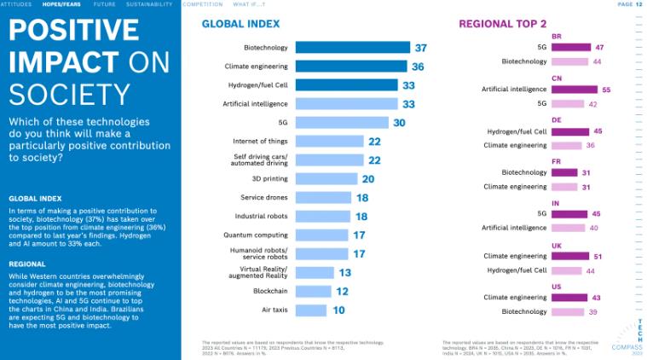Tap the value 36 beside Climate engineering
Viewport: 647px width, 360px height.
click(x=419, y=67)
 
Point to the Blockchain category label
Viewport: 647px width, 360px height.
click(x=270, y=292)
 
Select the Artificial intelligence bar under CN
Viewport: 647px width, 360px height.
click(x=575, y=89)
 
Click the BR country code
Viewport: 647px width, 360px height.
click(x=557, y=37)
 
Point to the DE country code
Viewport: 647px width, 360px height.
click(x=557, y=120)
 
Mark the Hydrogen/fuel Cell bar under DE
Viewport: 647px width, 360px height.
click(x=570, y=131)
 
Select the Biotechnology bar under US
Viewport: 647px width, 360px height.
click(x=568, y=311)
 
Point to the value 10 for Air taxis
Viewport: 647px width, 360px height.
click(x=339, y=311)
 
